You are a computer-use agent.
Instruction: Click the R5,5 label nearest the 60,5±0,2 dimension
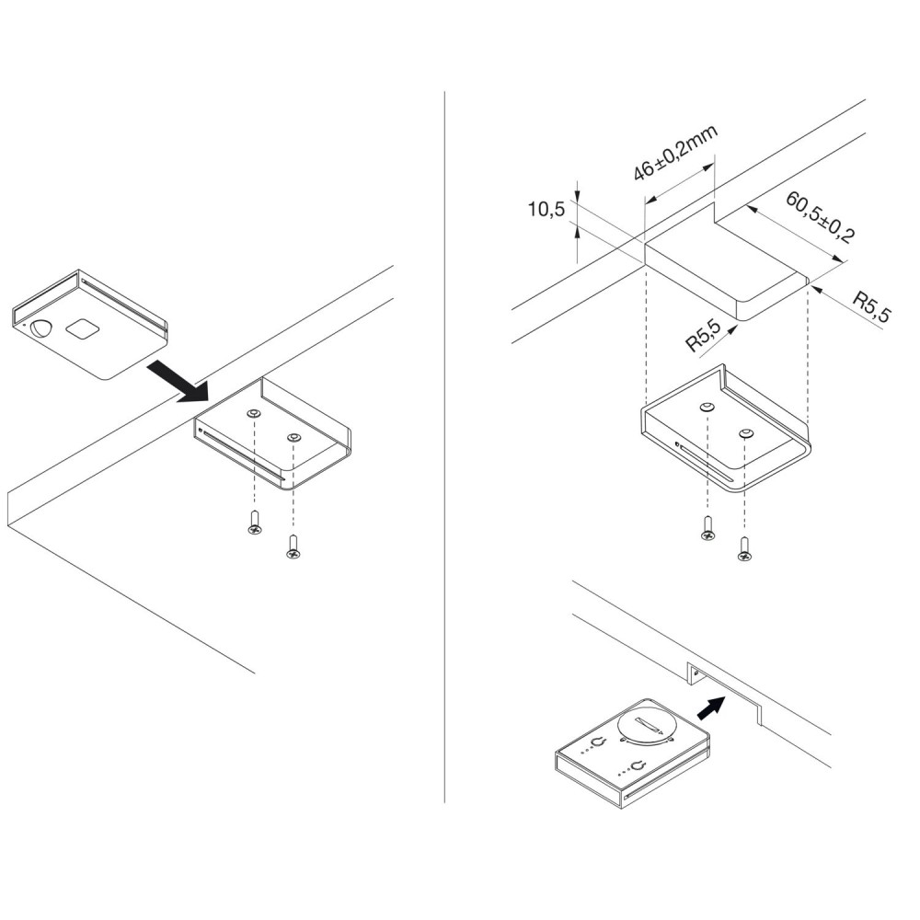point(871,306)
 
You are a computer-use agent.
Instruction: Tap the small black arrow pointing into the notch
point(712,707)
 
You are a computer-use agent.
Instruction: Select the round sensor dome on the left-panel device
point(42,328)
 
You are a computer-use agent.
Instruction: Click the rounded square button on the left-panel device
point(81,328)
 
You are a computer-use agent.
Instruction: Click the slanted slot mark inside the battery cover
point(646,728)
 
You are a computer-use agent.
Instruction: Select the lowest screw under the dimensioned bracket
point(745,551)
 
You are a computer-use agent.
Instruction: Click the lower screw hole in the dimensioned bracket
point(745,431)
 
